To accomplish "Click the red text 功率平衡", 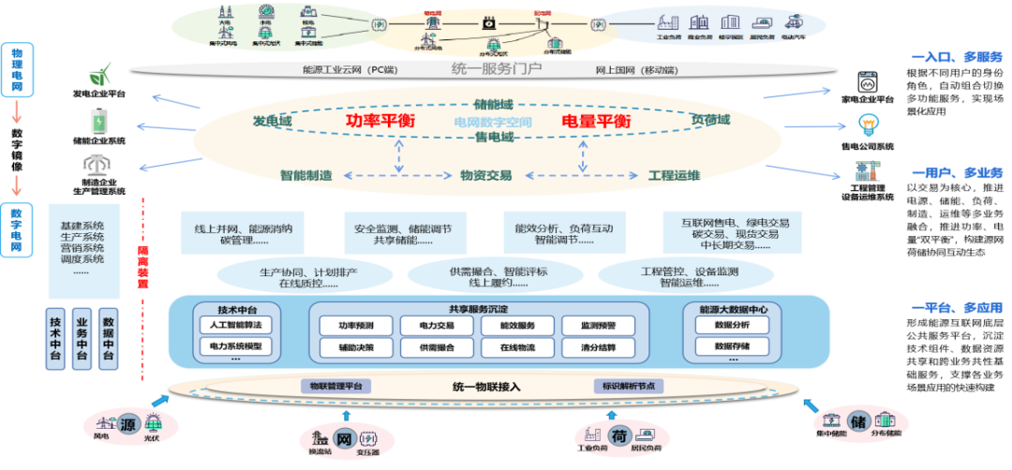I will (379, 122).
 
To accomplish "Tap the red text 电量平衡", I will (595, 122).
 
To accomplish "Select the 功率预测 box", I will (357, 326).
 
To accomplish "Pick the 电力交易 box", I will (438, 326).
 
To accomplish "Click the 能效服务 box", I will (518, 326).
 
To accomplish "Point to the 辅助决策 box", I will (357, 347).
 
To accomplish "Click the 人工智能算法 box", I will (236, 325).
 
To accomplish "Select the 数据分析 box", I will (732, 325).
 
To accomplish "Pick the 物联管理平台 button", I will (335, 386).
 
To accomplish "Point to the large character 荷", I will (618, 433).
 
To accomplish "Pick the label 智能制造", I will (305, 175).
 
